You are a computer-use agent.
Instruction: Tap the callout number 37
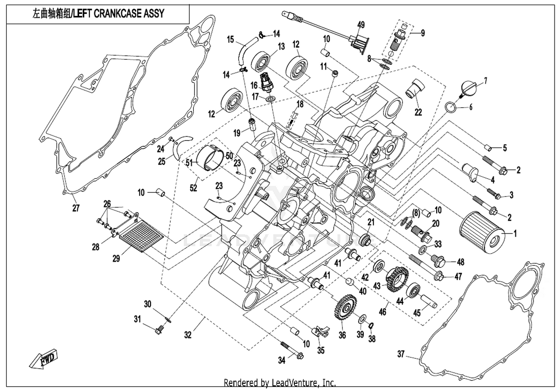click(401, 354)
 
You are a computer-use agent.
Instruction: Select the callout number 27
click(76, 208)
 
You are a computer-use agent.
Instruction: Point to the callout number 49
click(361, 25)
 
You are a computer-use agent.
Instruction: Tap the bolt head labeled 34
click(300, 363)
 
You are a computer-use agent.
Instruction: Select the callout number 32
click(188, 335)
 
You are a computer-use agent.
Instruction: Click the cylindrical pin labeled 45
click(429, 301)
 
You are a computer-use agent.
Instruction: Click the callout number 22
click(418, 112)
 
